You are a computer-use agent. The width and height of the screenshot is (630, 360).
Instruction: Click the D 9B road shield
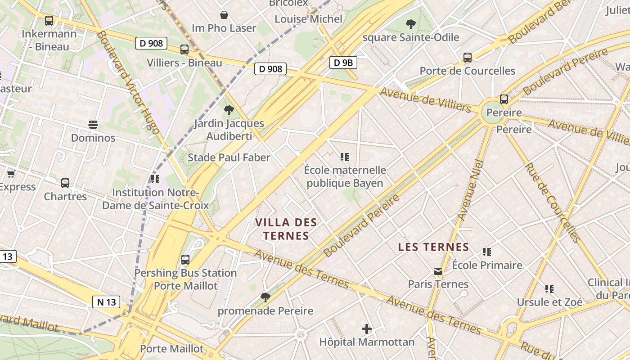(x=343, y=63)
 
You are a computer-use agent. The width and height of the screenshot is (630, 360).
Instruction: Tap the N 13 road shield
(x=107, y=301)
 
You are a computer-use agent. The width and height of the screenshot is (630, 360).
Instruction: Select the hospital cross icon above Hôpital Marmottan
(x=367, y=329)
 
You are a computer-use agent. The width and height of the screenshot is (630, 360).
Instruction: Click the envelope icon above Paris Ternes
(x=438, y=271)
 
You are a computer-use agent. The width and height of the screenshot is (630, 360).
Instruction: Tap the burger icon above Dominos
(x=93, y=125)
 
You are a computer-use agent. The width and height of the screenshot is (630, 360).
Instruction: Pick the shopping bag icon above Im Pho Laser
(x=224, y=15)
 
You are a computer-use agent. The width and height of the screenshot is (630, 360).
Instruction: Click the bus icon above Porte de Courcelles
(x=468, y=58)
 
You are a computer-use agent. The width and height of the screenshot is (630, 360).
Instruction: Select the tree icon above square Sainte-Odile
(x=410, y=24)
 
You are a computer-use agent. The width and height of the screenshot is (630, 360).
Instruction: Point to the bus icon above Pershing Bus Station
(x=185, y=260)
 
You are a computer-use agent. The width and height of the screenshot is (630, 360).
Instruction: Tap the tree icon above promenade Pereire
(x=265, y=297)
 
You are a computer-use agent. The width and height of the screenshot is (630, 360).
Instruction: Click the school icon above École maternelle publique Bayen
(x=345, y=157)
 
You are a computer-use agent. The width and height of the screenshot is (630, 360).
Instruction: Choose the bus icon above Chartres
(x=65, y=183)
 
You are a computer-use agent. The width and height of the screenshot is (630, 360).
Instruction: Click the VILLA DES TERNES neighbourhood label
(x=286, y=229)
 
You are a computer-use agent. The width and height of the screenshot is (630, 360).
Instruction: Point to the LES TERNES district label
(x=434, y=247)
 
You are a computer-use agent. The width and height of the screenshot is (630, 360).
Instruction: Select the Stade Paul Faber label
(x=229, y=157)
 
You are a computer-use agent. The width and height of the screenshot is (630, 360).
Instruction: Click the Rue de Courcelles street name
(x=552, y=202)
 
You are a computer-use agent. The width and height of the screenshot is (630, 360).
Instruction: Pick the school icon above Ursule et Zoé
(x=549, y=288)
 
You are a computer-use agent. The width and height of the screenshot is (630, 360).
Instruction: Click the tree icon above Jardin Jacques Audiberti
(x=229, y=110)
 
